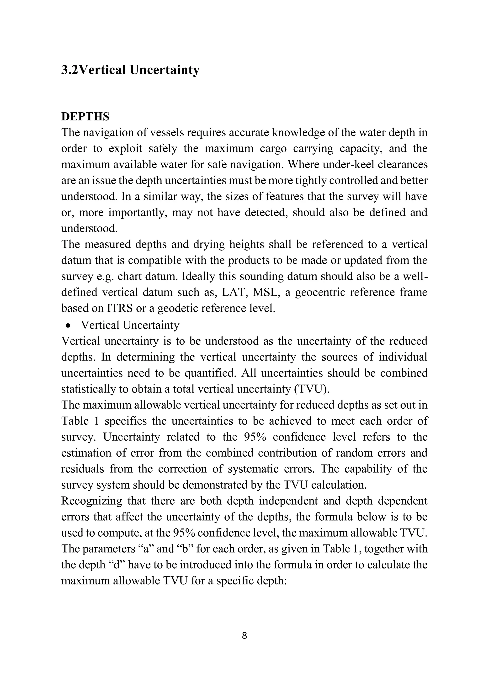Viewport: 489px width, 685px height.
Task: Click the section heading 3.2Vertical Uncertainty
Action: click(130, 70)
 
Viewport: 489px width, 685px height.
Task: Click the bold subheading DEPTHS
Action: click(85, 117)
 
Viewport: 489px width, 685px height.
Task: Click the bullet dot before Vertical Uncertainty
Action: click(69, 326)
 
